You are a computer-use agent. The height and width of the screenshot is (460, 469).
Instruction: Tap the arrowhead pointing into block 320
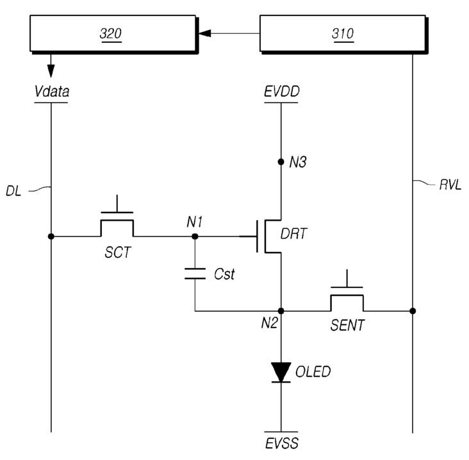[x=204, y=33]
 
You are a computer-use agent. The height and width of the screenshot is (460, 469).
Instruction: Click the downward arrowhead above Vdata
[x=51, y=70]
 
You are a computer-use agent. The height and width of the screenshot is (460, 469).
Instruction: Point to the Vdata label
[x=52, y=91]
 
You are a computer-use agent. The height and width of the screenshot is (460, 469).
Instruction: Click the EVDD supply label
[x=281, y=91]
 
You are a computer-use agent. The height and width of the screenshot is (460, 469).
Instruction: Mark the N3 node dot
[x=281, y=162]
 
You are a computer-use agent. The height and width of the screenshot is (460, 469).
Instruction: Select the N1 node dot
[x=195, y=237]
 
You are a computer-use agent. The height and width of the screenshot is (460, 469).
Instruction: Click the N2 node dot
[x=281, y=311]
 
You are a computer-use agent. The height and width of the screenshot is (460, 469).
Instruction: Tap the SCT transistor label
[x=118, y=253]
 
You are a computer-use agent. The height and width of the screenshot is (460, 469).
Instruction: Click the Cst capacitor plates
[x=195, y=274]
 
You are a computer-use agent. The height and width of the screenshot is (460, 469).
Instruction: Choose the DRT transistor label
[x=293, y=234]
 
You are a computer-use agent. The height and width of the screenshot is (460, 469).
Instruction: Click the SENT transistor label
[x=347, y=325]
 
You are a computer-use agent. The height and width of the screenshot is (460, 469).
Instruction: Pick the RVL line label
[x=450, y=185]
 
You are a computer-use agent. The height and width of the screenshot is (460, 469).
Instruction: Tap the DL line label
[x=13, y=191]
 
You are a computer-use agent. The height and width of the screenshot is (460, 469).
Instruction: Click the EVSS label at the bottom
[x=282, y=443]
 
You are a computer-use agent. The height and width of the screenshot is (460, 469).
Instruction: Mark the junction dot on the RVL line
[x=413, y=311]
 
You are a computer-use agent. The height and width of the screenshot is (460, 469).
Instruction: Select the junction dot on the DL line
[x=51, y=237]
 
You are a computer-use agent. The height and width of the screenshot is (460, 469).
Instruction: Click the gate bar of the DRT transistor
[x=257, y=237]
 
